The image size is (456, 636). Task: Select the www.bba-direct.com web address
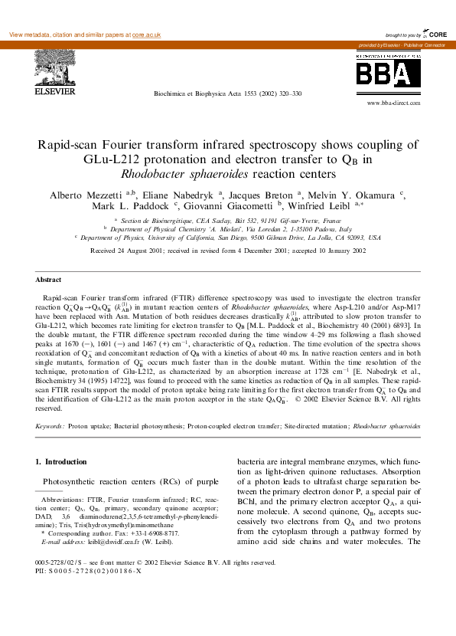(395, 102)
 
